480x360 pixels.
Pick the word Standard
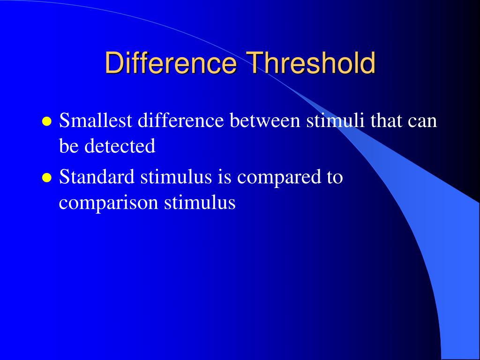coord(97,178)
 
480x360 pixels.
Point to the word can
coord(422,122)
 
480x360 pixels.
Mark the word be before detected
coord(69,146)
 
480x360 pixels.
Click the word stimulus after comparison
coord(199,203)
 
